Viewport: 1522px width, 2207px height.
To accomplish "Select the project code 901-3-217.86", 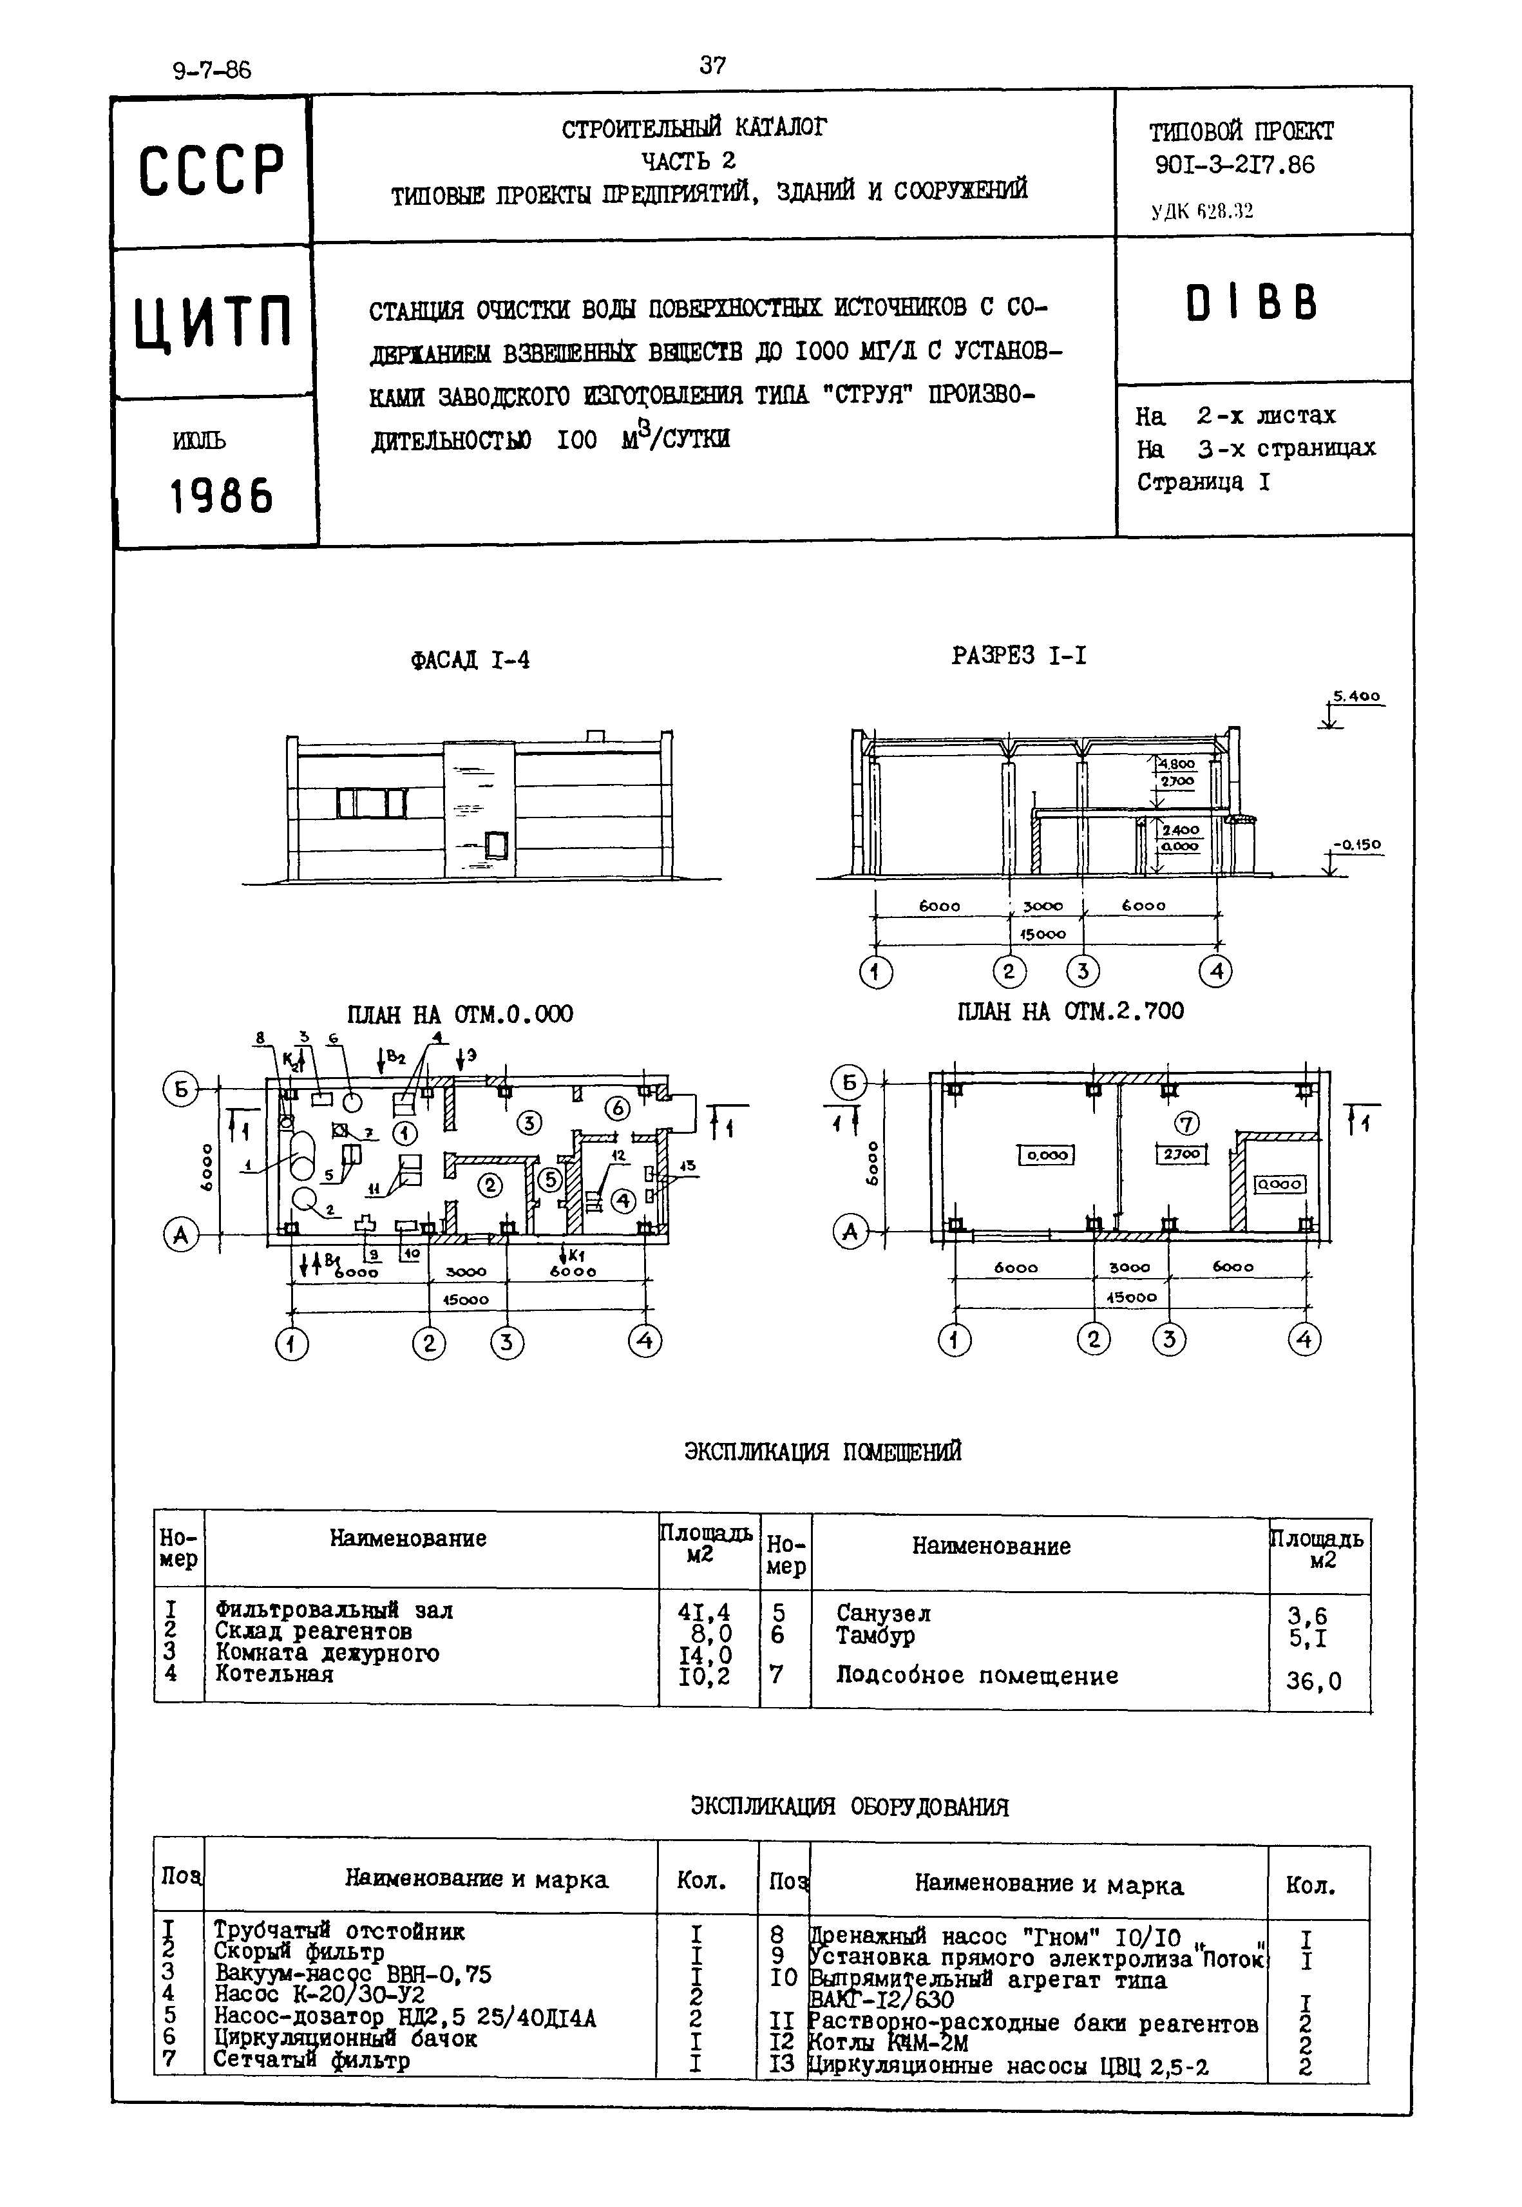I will (1234, 165).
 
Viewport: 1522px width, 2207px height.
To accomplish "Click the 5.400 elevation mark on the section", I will (1356, 697).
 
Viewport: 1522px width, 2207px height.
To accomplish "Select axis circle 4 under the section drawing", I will (1215, 972).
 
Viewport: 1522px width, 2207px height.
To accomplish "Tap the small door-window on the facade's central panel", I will (494, 843).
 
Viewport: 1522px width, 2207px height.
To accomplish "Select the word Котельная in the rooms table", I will (274, 1674).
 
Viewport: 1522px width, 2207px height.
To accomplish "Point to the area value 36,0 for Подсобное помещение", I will (1313, 1681).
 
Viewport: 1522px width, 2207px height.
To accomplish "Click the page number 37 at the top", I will (712, 65).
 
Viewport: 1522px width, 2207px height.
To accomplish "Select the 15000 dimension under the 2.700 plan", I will (1131, 1297).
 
